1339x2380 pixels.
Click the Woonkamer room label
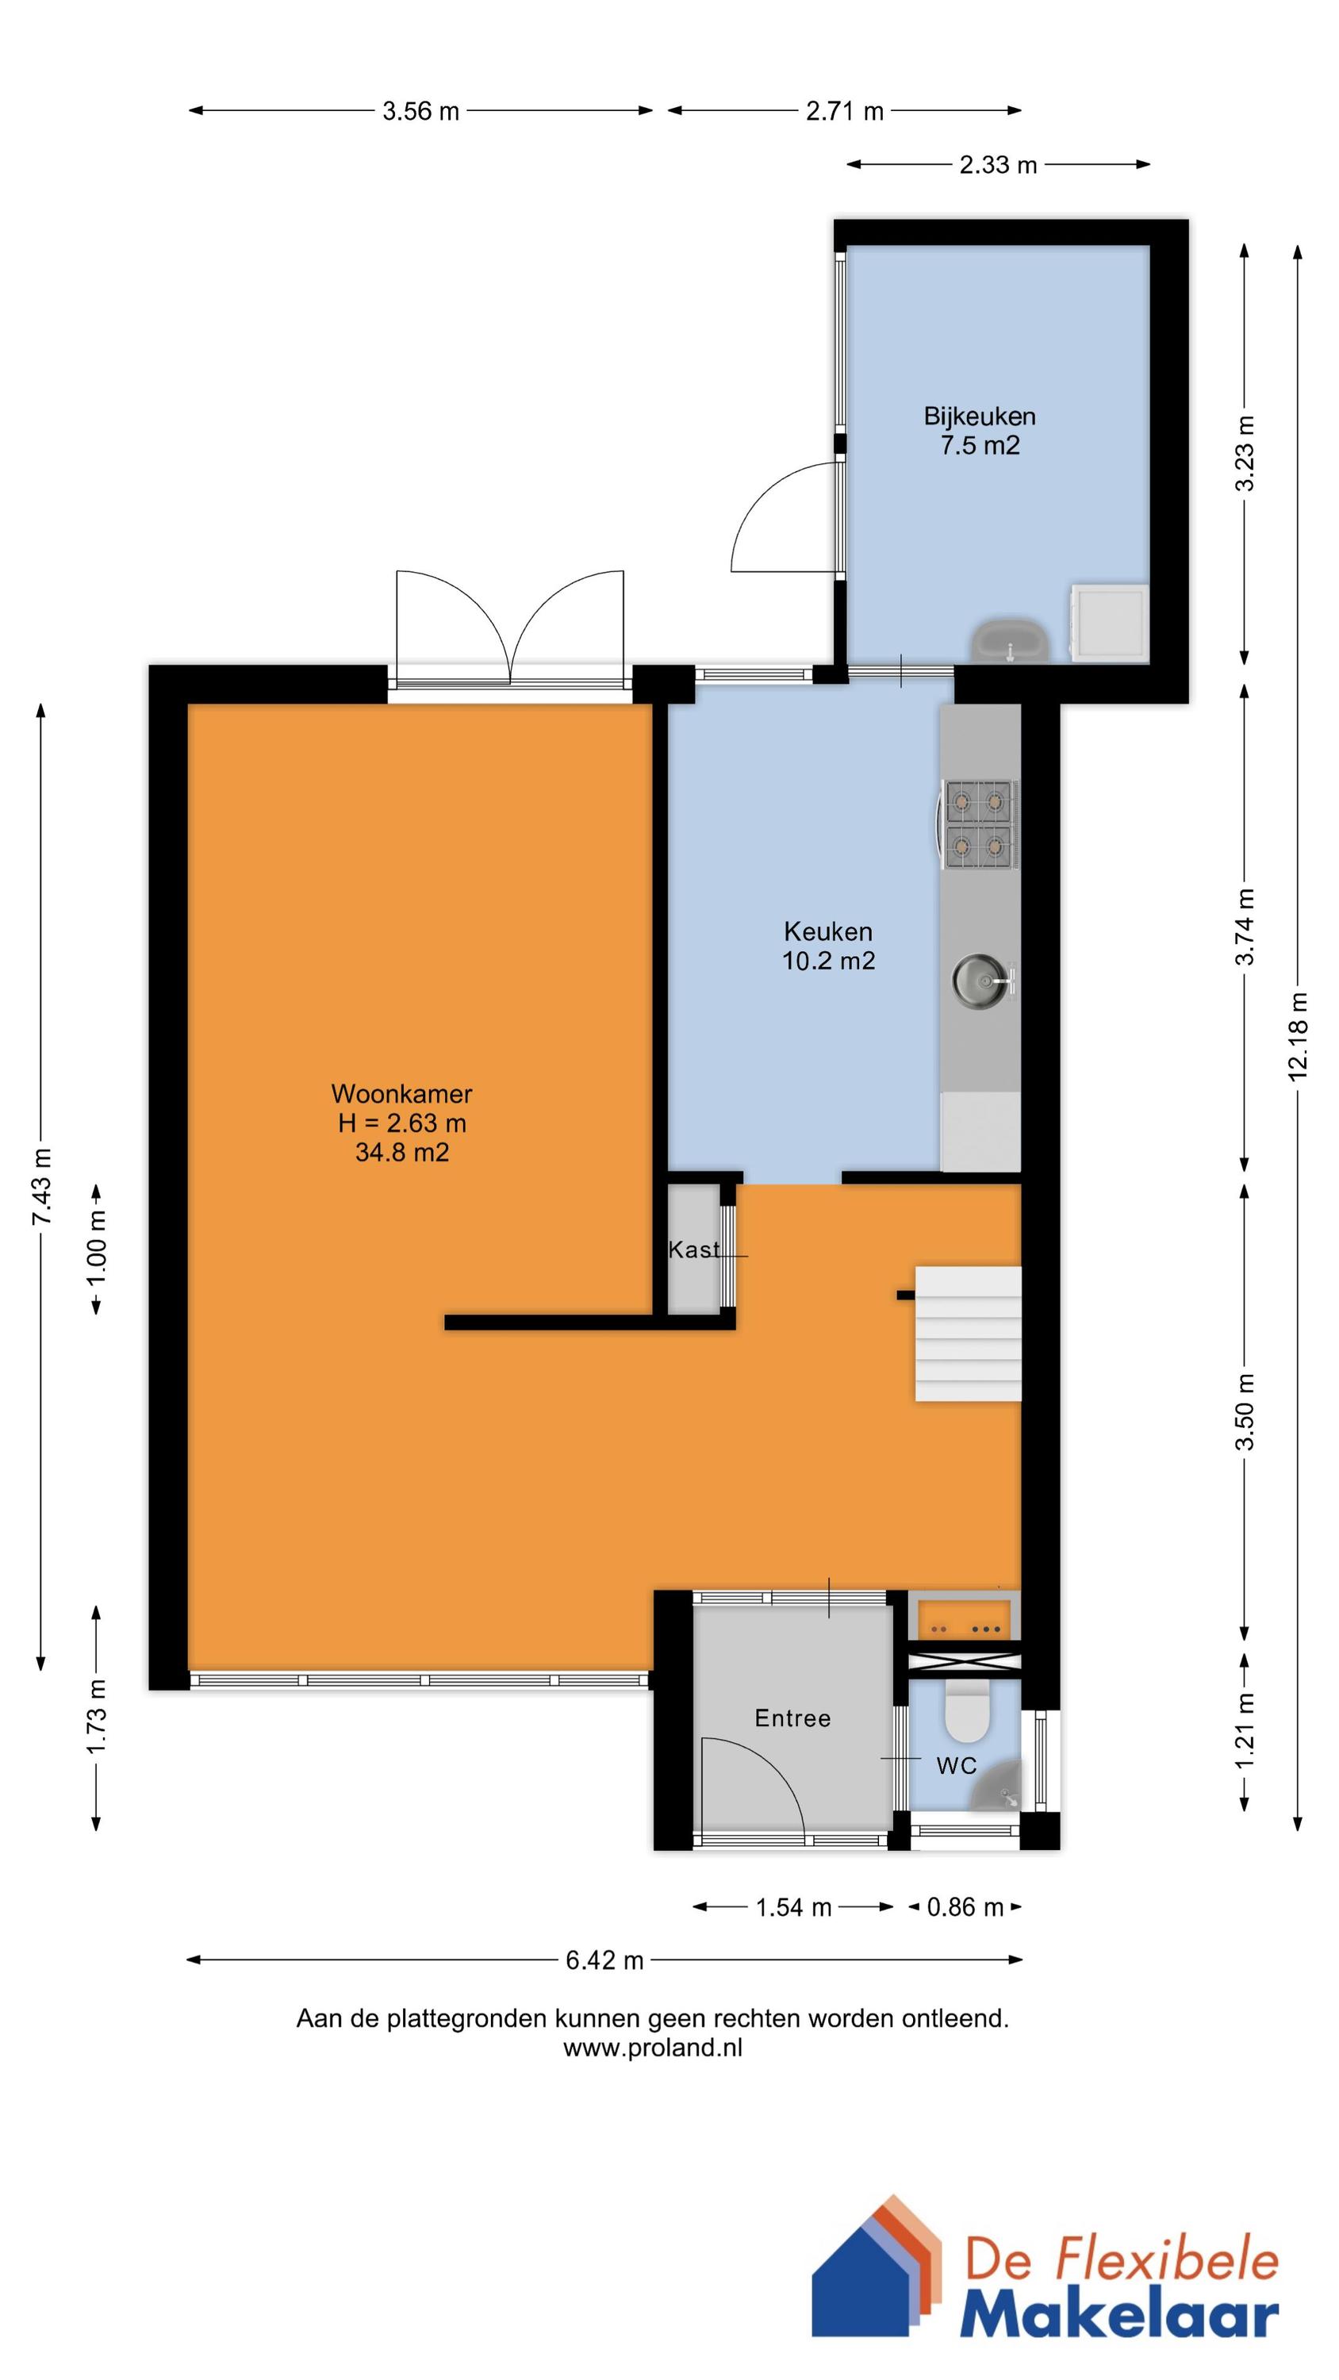point(401,1094)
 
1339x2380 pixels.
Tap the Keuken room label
point(828,931)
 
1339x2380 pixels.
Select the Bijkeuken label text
point(980,416)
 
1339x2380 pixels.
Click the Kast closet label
point(693,1250)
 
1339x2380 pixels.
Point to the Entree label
point(792,1718)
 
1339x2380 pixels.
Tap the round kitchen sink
point(976,976)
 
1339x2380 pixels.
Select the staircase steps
point(968,1334)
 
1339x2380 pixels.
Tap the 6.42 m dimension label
point(604,1960)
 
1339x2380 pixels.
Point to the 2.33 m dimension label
point(998,165)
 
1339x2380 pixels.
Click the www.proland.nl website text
point(652,2048)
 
